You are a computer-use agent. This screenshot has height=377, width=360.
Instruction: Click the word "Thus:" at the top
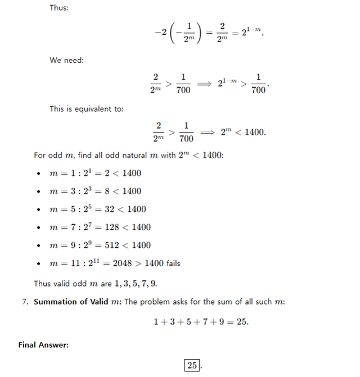59,8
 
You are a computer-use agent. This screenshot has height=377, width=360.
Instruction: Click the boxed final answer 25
192,365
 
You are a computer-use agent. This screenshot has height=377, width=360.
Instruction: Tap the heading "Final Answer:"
43,344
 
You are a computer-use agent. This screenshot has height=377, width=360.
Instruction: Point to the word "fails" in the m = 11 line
169,263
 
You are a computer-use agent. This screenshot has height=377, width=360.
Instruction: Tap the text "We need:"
66,60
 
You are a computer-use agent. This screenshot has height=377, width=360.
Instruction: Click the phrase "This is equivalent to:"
86,109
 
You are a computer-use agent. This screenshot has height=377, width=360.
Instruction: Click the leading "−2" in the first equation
160,32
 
